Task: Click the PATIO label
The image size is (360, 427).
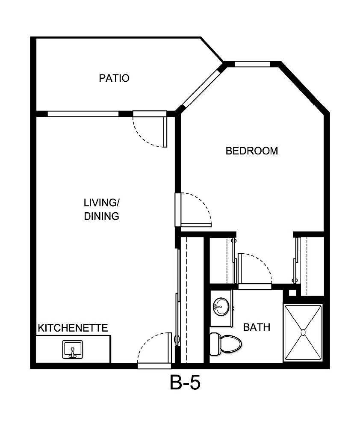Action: pyautogui.click(x=114, y=78)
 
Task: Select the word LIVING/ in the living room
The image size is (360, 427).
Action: pyautogui.click(x=101, y=202)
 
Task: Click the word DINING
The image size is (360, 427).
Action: pyautogui.click(x=101, y=216)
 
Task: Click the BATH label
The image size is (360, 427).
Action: pyautogui.click(x=257, y=327)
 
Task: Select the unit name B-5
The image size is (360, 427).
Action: pyautogui.click(x=185, y=383)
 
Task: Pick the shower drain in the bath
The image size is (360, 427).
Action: pyautogui.click(x=303, y=332)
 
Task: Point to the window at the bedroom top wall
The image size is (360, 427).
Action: pyautogui.click(x=252, y=65)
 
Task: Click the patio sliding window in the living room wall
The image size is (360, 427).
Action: pyautogui.click(x=83, y=114)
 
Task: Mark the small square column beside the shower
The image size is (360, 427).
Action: pyautogui.click(x=292, y=293)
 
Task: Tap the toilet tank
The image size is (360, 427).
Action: pyautogui.click(x=214, y=343)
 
